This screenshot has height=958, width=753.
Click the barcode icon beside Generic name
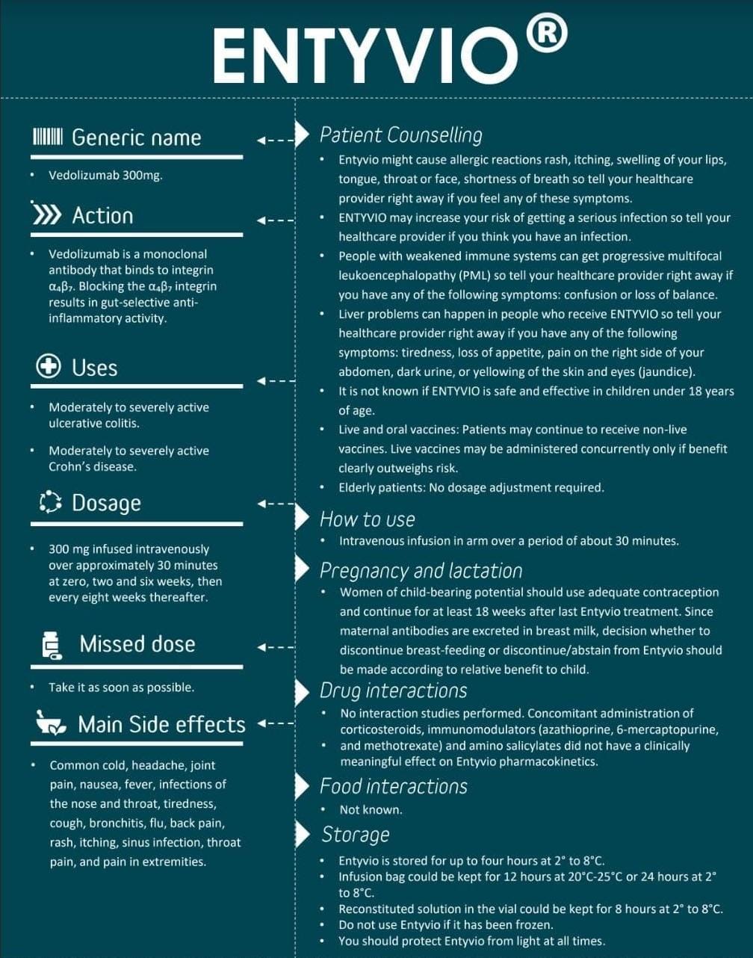(48, 137)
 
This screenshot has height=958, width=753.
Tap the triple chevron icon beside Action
(46, 215)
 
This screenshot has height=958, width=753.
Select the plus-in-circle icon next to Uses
(48, 367)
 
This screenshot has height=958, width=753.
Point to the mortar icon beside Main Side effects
(52, 724)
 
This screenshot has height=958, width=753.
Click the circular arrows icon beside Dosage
(50, 502)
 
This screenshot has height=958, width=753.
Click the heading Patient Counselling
(400, 135)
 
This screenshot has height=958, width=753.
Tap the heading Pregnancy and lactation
(421, 571)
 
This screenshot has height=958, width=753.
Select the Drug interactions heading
(393, 690)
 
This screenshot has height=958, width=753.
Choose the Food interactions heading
(393, 786)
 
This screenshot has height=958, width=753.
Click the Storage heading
(356, 834)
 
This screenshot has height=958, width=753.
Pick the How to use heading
(367, 519)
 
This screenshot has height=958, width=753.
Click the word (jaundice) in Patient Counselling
(665, 371)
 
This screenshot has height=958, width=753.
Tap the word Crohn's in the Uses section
(69, 467)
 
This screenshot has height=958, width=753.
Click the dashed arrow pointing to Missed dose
(276, 647)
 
